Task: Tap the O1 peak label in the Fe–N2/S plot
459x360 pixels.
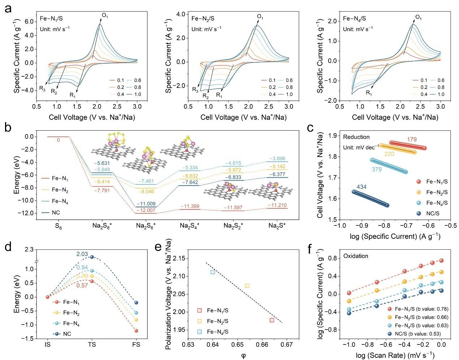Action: pyautogui.click(x=260, y=16)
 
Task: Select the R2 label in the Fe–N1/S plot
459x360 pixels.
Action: pyautogui.click(x=54, y=92)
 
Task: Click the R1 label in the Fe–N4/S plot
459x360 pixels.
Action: pyautogui.click(x=369, y=93)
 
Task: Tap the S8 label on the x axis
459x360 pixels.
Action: pyautogui.click(x=58, y=226)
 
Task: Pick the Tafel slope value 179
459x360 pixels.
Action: pyautogui.click(x=412, y=140)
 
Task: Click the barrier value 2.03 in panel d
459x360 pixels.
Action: pyautogui.click(x=82, y=254)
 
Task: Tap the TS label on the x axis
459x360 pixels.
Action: pyautogui.click(x=92, y=345)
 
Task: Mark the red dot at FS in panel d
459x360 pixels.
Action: pyautogui.click(x=136, y=331)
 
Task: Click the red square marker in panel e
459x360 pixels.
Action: pyautogui.click(x=272, y=320)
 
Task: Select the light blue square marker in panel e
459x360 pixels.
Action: pyautogui.click(x=213, y=272)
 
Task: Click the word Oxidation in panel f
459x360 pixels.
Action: pyautogui.click(x=356, y=256)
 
